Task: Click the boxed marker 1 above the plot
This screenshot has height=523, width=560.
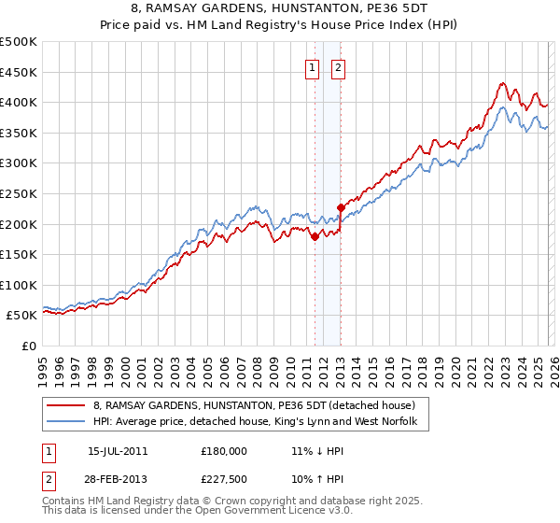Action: (x=312, y=67)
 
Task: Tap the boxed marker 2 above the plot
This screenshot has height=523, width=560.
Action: (x=337, y=67)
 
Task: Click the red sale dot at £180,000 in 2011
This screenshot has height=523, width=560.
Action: (x=315, y=236)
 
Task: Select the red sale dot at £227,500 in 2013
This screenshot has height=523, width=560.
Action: (x=341, y=207)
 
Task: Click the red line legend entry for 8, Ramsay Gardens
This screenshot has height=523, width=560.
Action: (x=260, y=405)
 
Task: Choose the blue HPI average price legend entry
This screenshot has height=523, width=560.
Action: (x=260, y=422)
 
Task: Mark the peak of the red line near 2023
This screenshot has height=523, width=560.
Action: (x=502, y=82)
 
